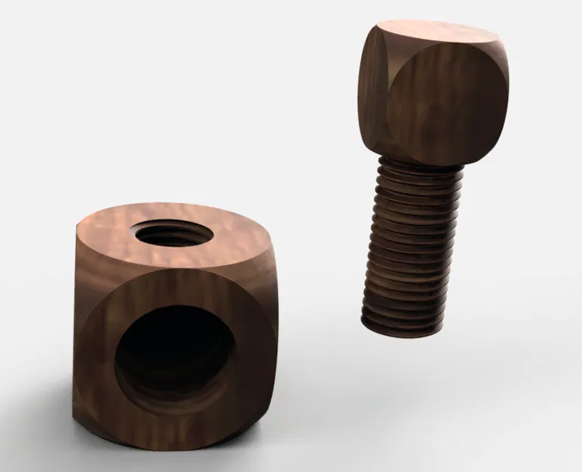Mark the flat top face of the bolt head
click(438, 35)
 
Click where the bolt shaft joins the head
click(416, 162)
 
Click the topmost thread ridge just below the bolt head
click(416, 172)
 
